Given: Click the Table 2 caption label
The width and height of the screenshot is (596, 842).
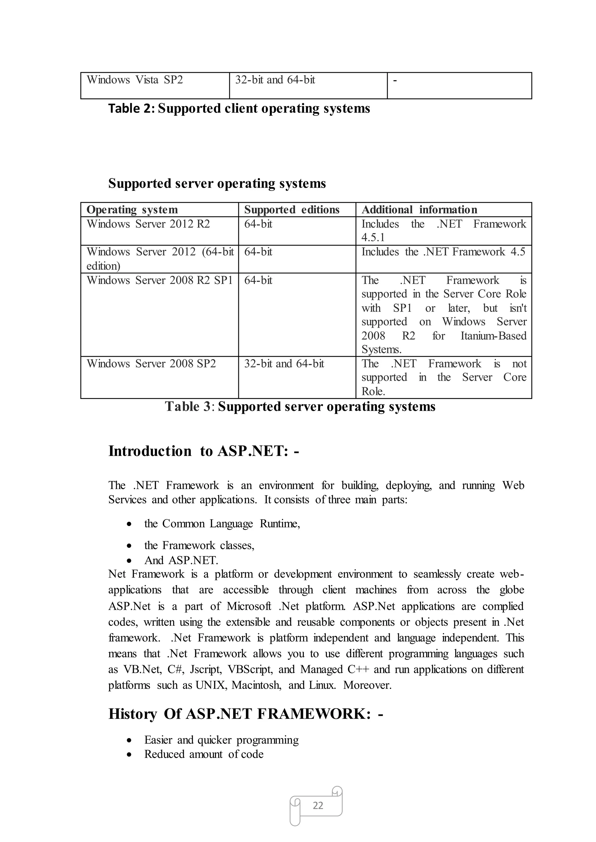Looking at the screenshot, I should tap(132, 109).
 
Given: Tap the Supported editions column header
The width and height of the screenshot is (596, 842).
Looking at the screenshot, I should tap(292, 209).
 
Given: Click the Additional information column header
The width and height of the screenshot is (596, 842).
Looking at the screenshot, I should tap(419, 209).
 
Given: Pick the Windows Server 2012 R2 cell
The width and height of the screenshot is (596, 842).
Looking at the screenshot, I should tap(148, 224).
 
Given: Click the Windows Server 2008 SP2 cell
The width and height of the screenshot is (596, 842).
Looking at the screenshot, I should tap(151, 364).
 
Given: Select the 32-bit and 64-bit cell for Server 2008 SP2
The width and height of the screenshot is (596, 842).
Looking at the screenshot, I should tap(284, 364).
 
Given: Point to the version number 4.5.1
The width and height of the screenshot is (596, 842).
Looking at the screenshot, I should tap(373, 238).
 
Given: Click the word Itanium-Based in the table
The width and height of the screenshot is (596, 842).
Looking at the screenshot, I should tap(493, 336).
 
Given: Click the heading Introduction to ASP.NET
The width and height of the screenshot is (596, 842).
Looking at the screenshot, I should tap(204, 451).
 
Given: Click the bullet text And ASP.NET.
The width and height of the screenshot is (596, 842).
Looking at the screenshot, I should tap(181, 561).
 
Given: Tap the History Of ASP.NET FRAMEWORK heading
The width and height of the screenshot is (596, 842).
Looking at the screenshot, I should tap(246, 714).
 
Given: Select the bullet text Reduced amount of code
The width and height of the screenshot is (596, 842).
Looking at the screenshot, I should tap(204, 754).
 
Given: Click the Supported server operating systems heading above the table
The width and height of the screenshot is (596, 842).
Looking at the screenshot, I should tap(217, 184).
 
